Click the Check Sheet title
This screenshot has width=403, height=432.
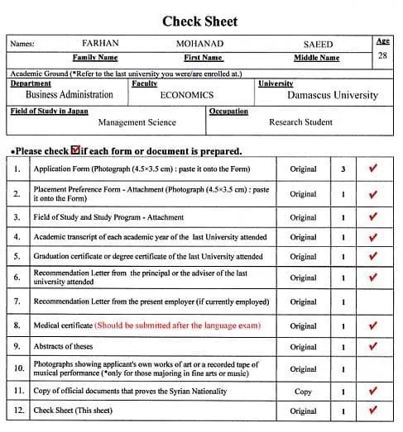tap(199, 21)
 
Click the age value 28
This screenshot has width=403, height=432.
tap(381, 56)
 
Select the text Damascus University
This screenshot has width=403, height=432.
tap(332, 95)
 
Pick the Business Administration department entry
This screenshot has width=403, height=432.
tap(70, 95)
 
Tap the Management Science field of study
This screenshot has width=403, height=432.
tap(137, 122)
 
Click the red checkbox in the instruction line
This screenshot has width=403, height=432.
tap(76, 150)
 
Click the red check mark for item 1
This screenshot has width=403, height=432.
tap(372, 169)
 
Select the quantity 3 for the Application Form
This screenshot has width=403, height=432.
tap(343, 169)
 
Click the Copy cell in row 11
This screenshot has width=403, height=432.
tap(303, 391)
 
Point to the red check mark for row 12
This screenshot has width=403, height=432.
tap(372, 411)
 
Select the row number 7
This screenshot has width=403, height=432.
tap(17, 301)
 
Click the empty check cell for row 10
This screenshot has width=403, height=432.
tap(372, 368)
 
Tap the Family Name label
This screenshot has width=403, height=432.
tap(95, 58)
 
